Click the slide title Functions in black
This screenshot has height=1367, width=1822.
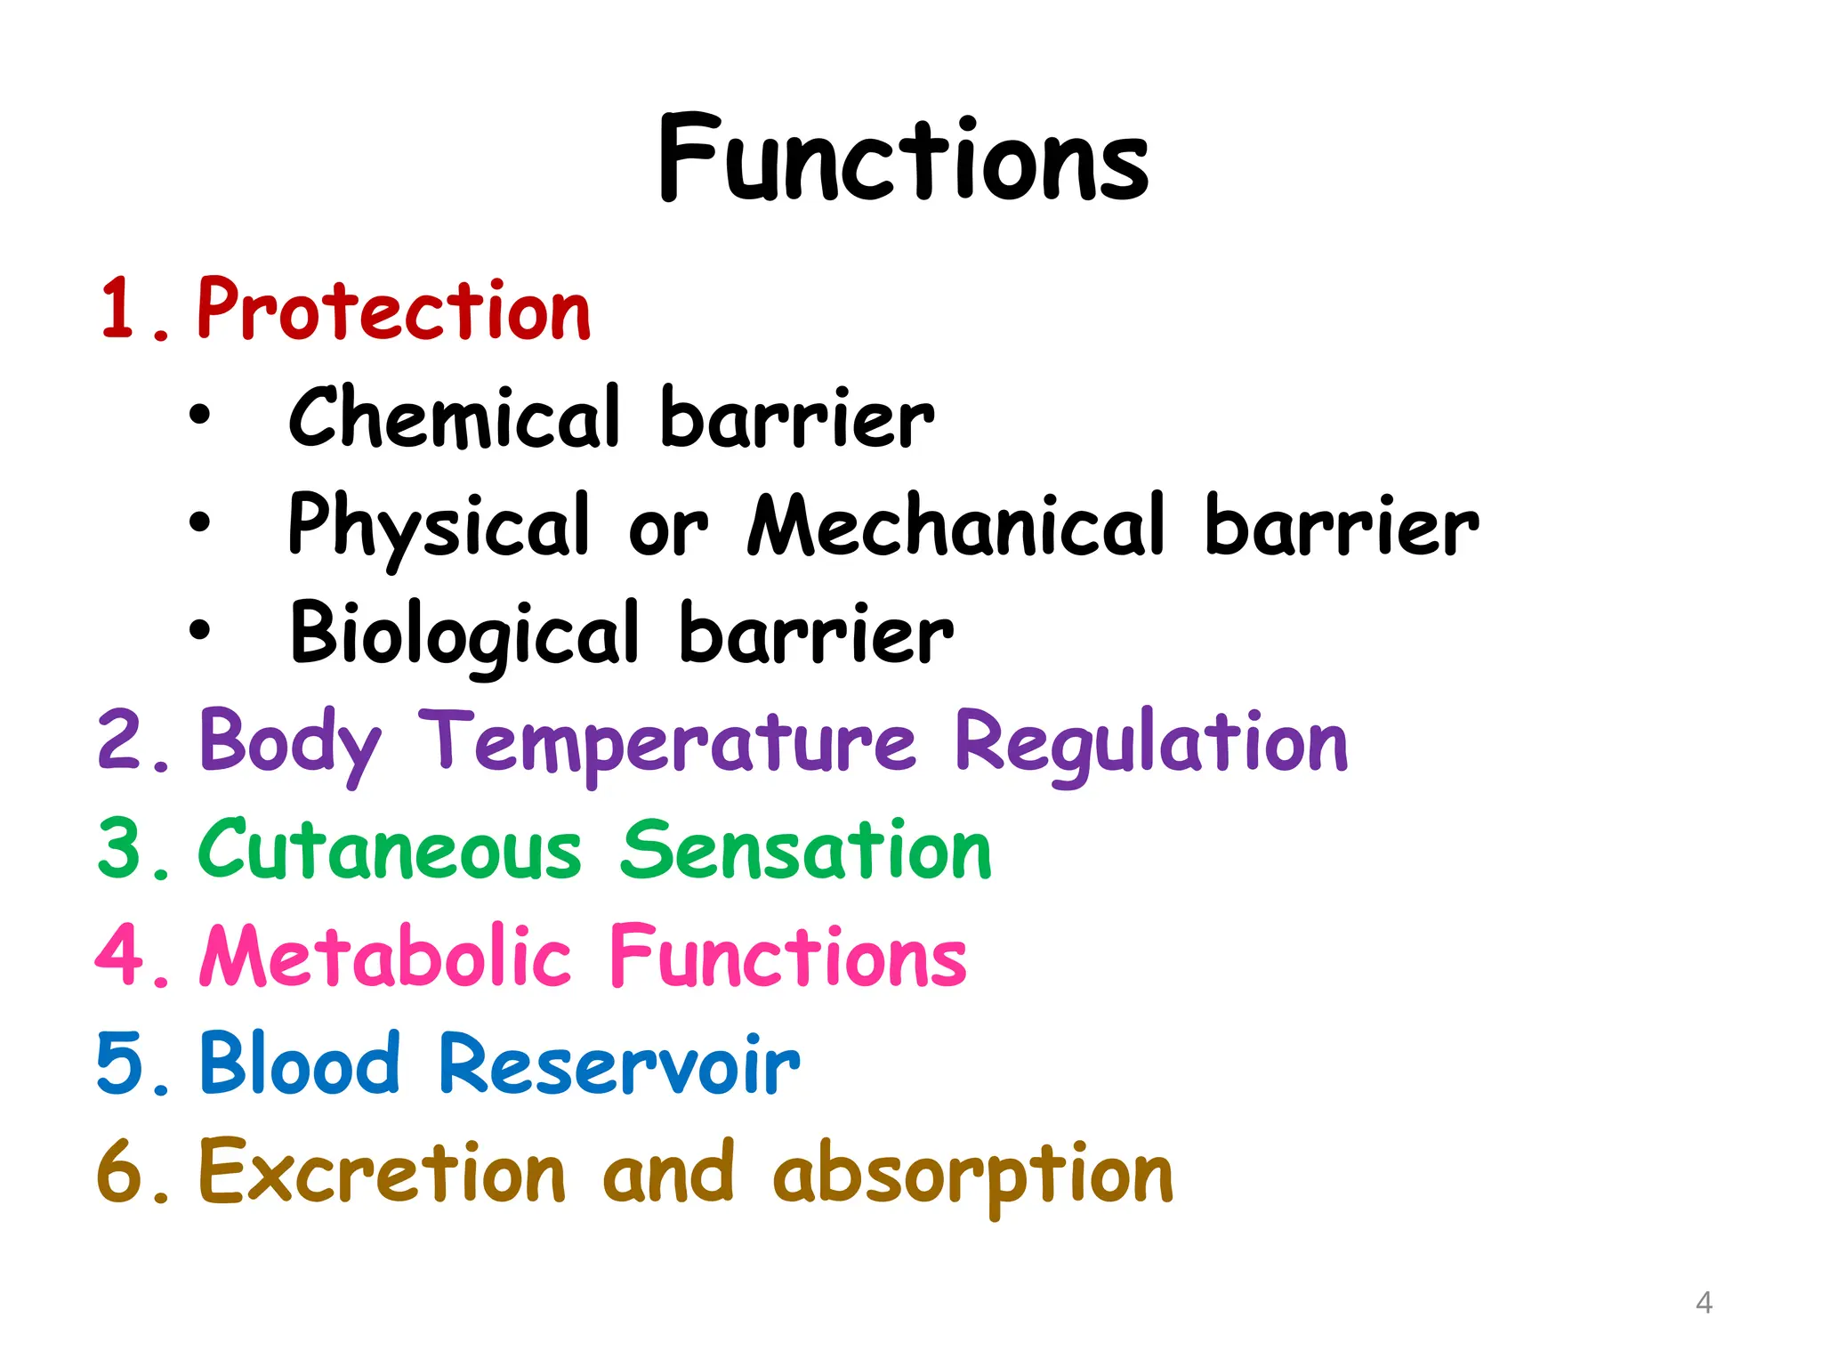click(x=904, y=160)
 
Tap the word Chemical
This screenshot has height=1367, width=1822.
click(x=454, y=417)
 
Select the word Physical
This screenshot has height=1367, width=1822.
click(x=439, y=527)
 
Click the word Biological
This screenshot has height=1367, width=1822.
click(x=464, y=634)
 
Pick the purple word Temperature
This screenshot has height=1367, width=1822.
click(x=667, y=742)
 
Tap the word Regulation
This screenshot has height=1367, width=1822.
click(x=1151, y=742)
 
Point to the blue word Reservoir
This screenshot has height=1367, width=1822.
click(x=619, y=1064)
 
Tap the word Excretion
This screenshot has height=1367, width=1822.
click(x=382, y=1172)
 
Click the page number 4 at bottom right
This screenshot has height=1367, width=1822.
click(x=1704, y=1303)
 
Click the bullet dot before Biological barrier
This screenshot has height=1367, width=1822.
click(x=200, y=630)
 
